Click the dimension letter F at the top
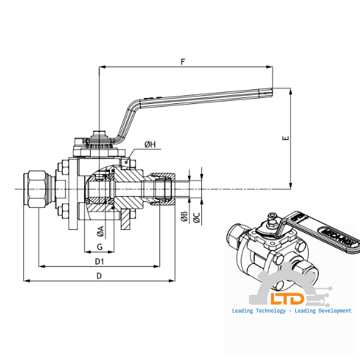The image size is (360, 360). [x=183, y=61]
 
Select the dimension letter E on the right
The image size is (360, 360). [x=285, y=139]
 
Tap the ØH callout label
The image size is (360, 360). [x=150, y=145]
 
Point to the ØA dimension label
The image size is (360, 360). [x=100, y=231]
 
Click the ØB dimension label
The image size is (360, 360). [x=185, y=216]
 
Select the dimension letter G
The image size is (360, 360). [x=99, y=247]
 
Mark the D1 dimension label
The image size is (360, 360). [x=99, y=261]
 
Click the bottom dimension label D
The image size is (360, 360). [x=99, y=275]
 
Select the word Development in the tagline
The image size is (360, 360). [x=331, y=311]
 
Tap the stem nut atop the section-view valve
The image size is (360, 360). [x=98, y=141]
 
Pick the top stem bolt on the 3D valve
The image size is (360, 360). [x=272, y=217]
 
